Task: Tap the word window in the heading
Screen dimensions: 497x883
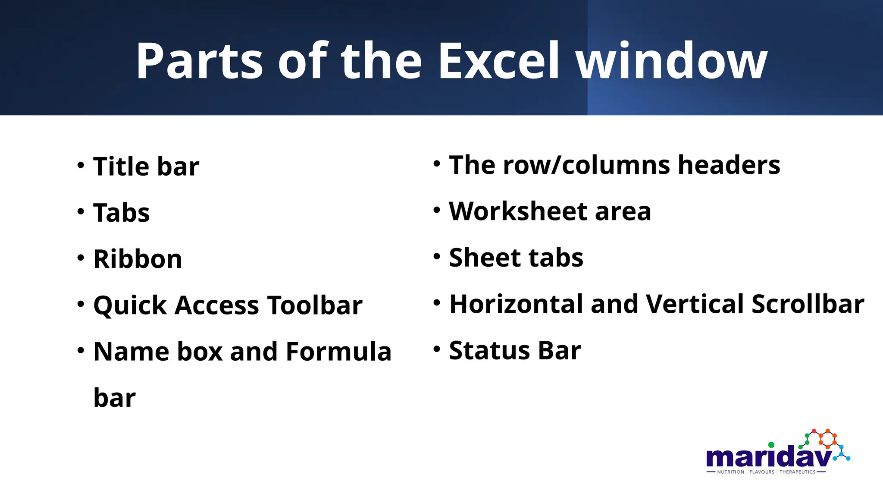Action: click(x=672, y=61)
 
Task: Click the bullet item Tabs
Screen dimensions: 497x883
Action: click(x=122, y=213)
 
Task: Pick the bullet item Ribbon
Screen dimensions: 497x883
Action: click(x=138, y=259)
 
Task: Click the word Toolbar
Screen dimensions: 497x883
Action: click(x=315, y=305)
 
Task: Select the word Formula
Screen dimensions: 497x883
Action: click(x=338, y=352)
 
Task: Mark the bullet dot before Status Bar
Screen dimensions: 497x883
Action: click(x=437, y=349)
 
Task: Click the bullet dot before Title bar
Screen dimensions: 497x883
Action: click(x=81, y=165)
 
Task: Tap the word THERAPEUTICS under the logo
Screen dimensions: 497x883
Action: click(x=797, y=472)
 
